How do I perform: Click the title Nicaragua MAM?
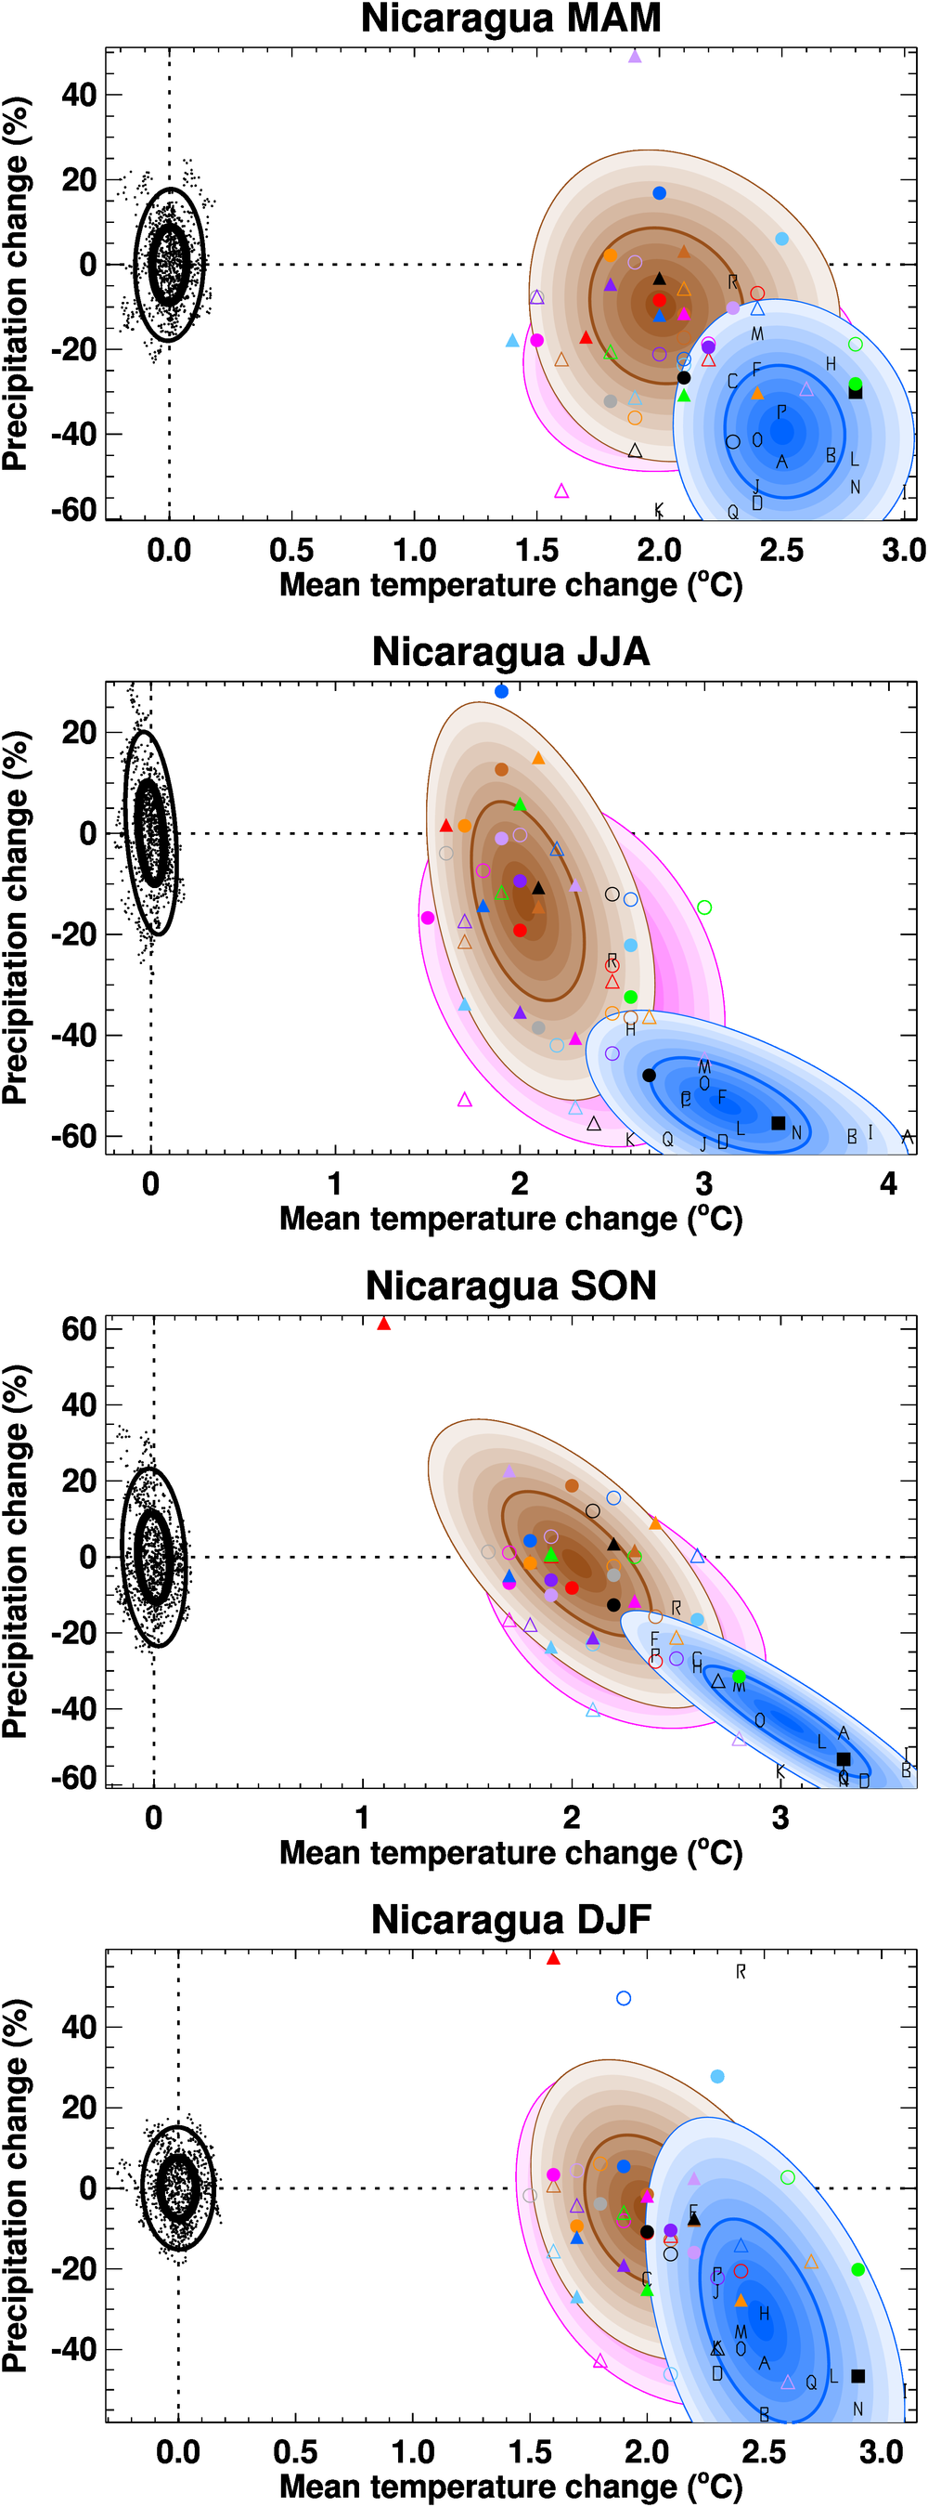510,19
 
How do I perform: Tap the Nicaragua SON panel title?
510,1286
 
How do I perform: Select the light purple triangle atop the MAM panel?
634,58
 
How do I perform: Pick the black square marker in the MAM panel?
855,392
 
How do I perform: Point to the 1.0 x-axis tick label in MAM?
415,551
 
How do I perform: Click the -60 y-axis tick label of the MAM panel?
74,509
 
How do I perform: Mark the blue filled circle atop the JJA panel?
501,691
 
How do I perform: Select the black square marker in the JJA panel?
778,1123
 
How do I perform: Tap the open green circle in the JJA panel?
704,907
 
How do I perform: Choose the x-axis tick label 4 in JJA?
888,1184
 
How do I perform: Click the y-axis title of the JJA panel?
16,917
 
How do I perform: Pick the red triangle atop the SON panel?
383,1324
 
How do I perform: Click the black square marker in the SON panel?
844,1758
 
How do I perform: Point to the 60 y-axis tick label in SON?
79,1328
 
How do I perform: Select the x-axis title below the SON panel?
510,1852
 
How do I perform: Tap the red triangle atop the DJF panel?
553,1958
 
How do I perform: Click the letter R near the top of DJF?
741,1972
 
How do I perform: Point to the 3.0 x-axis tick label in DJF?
882,2451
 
